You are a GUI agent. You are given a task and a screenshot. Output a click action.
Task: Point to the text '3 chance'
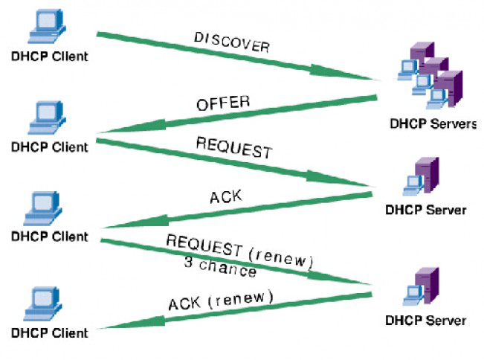click(x=220, y=266)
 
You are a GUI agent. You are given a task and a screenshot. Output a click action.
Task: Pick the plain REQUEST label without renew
click(x=233, y=147)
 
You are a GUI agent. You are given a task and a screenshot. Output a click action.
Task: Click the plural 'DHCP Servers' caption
click(x=432, y=123)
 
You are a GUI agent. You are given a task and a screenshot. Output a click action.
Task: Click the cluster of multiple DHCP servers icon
click(x=430, y=74)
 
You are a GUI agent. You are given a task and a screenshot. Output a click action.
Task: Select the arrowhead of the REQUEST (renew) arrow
click(x=349, y=280)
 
